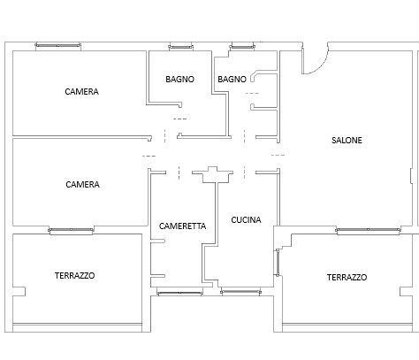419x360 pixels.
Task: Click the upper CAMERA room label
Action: pyautogui.click(x=81, y=92)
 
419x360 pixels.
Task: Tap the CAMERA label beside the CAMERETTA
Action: pyautogui.click(x=82, y=185)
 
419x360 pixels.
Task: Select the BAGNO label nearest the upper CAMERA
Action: pyautogui.click(x=179, y=80)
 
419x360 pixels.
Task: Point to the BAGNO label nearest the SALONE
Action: pyautogui.click(x=232, y=80)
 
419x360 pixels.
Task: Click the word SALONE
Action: pyautogui.click(x=347, y=141)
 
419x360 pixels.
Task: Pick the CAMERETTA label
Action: pyautogui.click(x=182, y=226)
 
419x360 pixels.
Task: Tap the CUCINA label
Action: pyautogui.click(x=246, y=220)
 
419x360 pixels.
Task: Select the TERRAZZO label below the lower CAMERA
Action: pyautogui.click(x=74, y=276)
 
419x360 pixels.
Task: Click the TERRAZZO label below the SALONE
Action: pyautogui.click(x=347, y=278)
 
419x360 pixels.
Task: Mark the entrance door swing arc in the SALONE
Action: pyautogui.click(x=321, y=66)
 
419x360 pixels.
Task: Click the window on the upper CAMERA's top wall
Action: pyautogui.click(x=57, y=45)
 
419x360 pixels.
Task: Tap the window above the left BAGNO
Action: pyautogui.click(x=180, y=47)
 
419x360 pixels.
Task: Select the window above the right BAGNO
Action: pyautogui.click(x=242, y=47)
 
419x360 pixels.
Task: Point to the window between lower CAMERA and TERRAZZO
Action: pyautogui.click(x=71, y=230)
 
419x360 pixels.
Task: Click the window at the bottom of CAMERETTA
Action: pyautogui.click(x=179, y=293)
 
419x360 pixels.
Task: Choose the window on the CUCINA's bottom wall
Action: pyautogui.click(x=240, y=292)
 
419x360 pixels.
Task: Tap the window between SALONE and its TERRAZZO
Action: pyautogui.click(x=368, y=230)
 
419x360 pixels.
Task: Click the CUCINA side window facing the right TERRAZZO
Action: pyautogui.click(x=278, y=263)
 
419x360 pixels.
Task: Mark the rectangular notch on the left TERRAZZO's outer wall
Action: pyautogui.click(x=19, y=292)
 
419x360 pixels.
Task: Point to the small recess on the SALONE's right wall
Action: pyautogui.click(x=411, y=176)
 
